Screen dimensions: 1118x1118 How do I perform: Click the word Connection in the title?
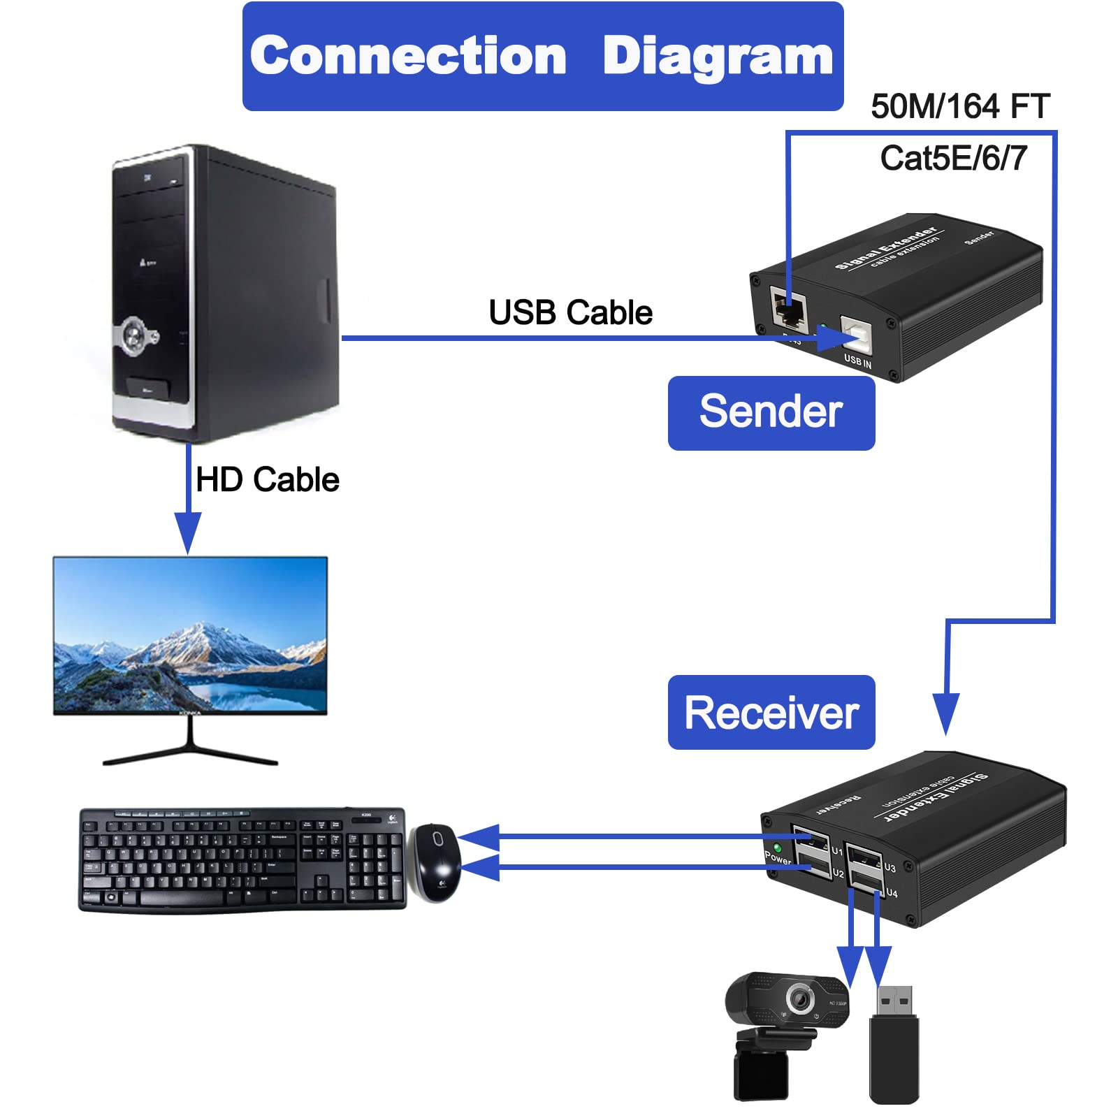[408, 56]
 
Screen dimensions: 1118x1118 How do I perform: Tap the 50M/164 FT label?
[959, 107]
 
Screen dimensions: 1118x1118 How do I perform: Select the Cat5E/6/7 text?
[953, 159]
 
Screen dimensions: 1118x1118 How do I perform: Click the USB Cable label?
[570, 312]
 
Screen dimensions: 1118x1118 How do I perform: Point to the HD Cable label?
[267, 480]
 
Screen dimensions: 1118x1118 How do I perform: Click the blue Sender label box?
[771, 413]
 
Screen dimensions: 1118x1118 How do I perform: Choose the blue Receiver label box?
[771, 712]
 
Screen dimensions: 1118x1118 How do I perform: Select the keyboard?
[242, 859]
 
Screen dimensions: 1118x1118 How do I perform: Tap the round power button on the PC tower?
[133, 336]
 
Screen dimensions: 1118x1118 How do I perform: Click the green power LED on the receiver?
[777, 848]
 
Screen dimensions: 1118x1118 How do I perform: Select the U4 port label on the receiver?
[892, 893]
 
